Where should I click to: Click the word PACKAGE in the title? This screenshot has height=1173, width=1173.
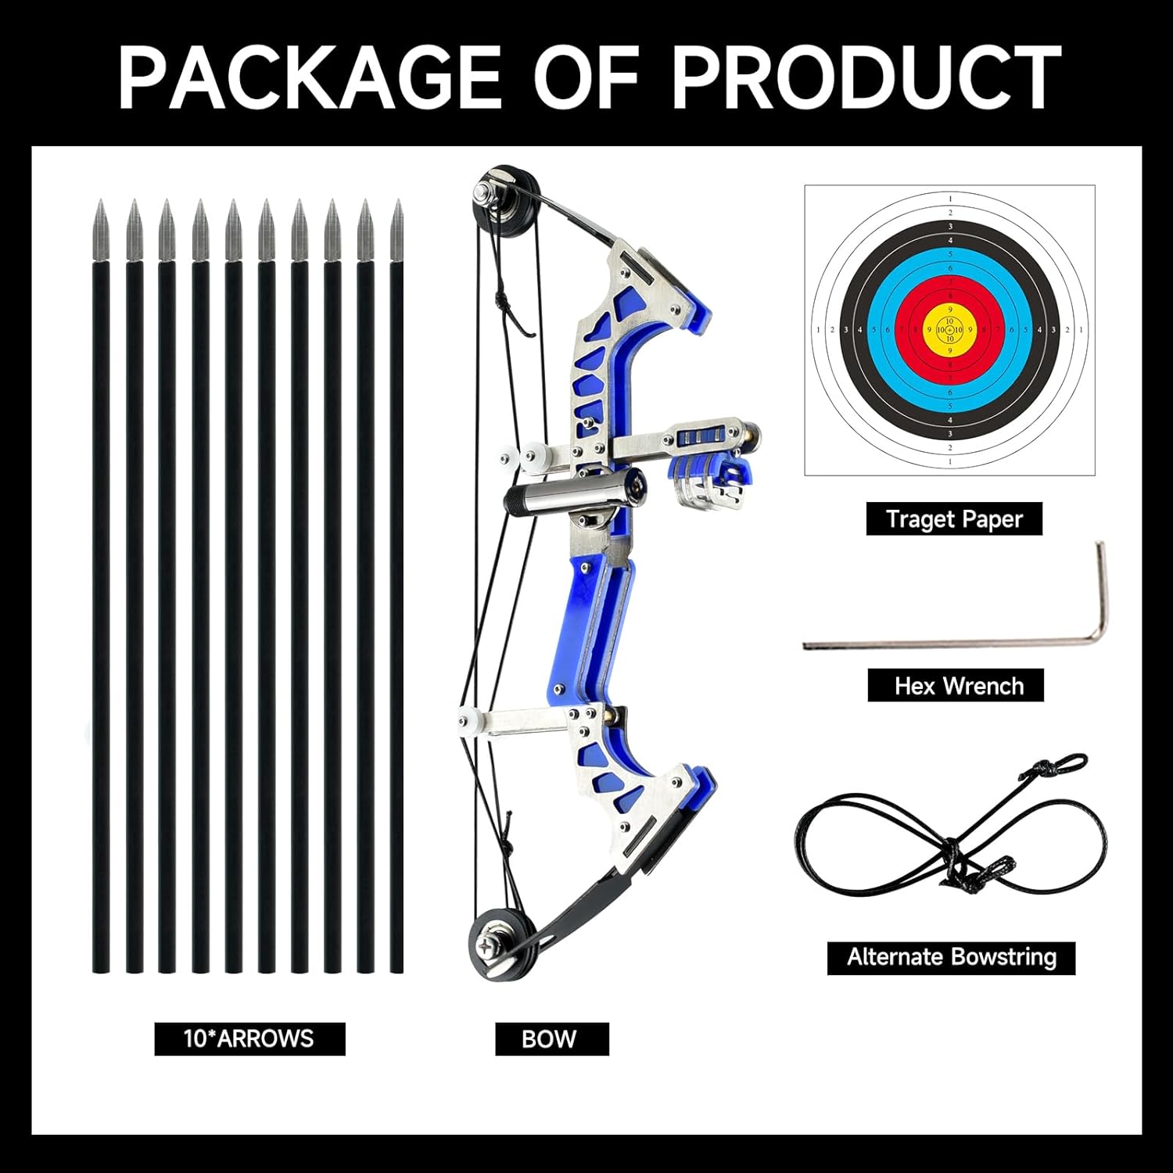point(310,77)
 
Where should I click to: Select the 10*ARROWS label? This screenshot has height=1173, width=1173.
point(249,1038)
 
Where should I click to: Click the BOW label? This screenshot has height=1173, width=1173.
point(551,1039)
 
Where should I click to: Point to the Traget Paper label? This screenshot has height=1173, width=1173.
point(953,519)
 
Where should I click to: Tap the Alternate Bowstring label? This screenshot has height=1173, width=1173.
point(951,957)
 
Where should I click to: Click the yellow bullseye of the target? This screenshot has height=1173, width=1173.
point(949,330)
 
